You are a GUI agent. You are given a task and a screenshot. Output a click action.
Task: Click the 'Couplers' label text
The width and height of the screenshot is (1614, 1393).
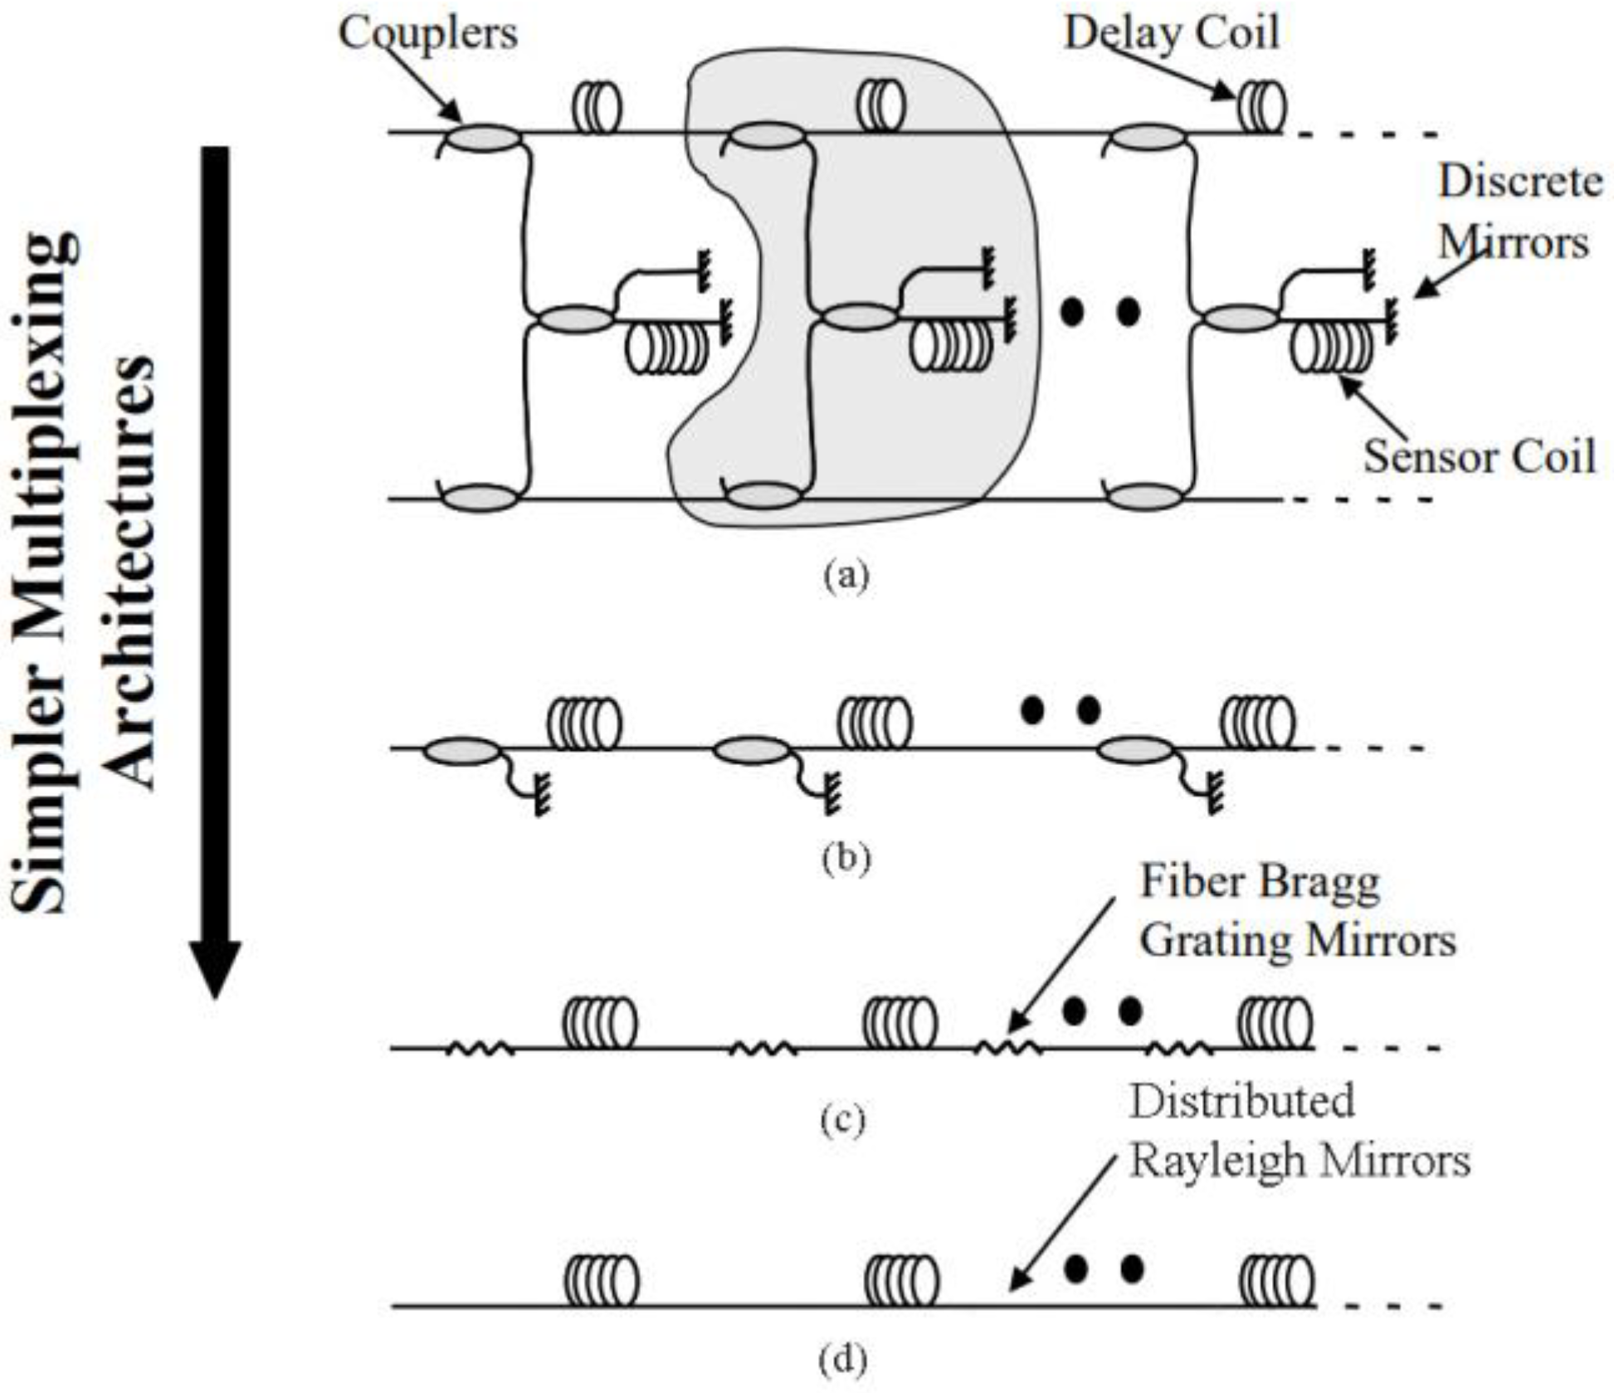[x=427, y=34]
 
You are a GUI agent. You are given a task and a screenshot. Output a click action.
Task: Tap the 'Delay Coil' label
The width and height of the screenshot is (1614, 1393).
[x=1171, y=34]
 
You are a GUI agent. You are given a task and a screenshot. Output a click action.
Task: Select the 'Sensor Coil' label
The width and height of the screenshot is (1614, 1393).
[x=1480, y=456]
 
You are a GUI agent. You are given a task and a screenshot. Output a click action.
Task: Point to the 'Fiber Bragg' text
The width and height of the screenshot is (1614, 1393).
[x=1260, y=882]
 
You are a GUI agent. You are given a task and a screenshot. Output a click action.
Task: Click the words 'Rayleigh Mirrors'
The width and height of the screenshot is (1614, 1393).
[x=1299, y=1161]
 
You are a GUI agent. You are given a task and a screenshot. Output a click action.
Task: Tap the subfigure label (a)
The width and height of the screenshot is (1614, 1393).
[x=846, y=575]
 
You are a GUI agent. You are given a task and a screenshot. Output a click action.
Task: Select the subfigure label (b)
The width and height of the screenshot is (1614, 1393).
[x=846, y=858]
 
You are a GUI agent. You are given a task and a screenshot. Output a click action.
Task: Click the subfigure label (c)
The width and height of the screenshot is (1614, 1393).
[x=842, y=1121]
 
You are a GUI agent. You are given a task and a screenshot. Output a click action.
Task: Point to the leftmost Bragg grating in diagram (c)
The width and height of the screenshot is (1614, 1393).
[x=480, y=1050]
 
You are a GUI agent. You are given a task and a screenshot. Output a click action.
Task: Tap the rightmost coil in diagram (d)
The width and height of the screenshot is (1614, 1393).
[x=1276, y=1280]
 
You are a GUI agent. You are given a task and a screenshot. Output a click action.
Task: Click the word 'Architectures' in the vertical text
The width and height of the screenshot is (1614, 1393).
[x=133, y=572]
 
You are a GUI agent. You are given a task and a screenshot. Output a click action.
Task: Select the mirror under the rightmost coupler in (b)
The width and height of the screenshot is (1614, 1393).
[x=1213, y=791]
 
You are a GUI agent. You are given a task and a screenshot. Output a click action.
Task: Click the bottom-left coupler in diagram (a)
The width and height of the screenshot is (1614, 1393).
[x=481, y=498]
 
